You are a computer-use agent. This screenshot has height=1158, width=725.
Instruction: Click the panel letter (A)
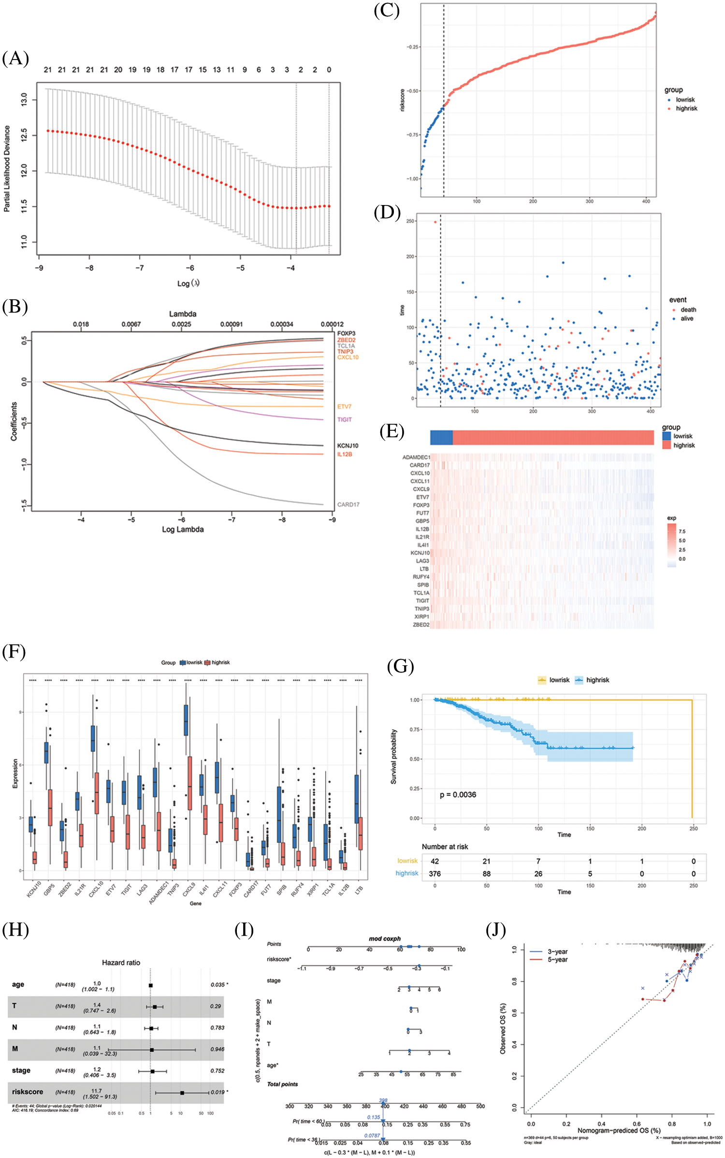point(15,59)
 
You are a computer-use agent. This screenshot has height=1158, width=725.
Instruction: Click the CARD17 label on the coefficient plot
point(348,504)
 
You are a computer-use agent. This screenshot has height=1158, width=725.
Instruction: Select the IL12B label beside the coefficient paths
point(345,454)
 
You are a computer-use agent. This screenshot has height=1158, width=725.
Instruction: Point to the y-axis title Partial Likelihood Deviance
point(7,169)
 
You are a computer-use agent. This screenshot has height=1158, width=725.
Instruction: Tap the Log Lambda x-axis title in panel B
point(183,529)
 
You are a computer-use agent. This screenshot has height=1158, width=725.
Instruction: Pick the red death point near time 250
point(435,222)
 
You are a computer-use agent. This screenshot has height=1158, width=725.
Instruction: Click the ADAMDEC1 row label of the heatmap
point(416,457)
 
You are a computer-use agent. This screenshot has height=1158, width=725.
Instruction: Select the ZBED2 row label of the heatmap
point(421,624)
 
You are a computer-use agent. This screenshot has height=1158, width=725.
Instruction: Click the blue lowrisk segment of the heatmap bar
point(441,438)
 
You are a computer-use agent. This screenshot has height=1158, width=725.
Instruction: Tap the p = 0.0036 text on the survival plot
point(458,794)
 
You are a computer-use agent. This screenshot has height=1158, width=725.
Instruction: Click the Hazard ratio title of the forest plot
point(121,962)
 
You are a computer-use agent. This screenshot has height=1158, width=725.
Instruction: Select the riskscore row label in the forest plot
point(28,1091)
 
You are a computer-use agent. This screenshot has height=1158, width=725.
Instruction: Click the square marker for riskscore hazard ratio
point(182,1093)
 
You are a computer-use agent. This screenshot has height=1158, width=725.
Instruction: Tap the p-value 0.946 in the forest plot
point(217,1049)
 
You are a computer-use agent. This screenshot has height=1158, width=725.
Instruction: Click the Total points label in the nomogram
point(282,1084)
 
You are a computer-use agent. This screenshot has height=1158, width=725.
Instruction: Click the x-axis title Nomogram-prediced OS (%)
point(619,1130)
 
